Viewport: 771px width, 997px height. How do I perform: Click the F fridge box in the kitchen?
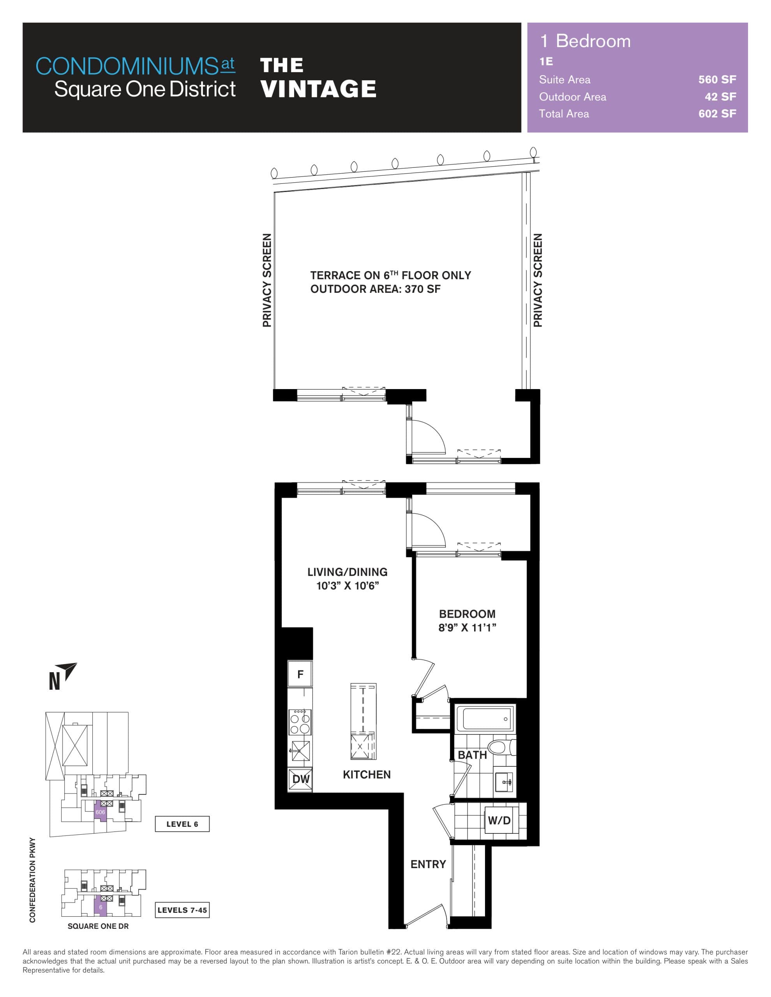tap(300, 674)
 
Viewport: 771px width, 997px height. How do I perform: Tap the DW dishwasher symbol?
tap(300, 779)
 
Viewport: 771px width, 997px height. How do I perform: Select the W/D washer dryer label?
tap(499, 820)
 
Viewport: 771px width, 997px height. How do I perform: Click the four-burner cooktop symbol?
tap(300, 722)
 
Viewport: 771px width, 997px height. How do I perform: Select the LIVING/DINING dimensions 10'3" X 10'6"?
tap(348, 586)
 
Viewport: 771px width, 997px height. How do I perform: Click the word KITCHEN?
tap(367, 775)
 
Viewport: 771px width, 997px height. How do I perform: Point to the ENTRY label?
tap(428, 864)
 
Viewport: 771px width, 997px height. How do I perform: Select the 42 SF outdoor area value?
tap(720, 97)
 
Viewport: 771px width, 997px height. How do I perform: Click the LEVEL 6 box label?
tap(182, 824)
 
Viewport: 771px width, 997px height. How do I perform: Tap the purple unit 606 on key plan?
tap(101, 812)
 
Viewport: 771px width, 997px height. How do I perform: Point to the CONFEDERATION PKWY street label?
tap(32, 880)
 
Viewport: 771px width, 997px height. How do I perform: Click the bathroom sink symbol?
tap(505, 782)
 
